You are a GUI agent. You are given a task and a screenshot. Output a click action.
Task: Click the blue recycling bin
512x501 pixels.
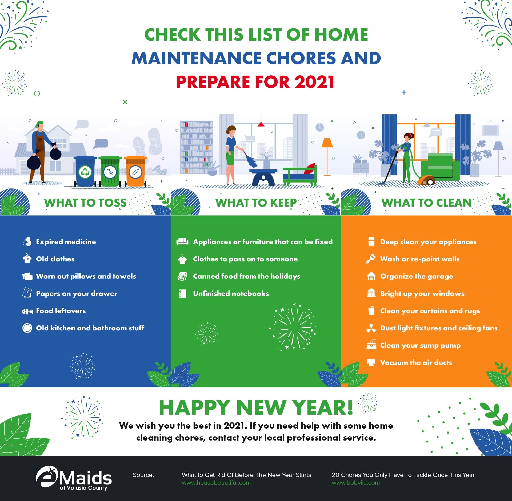[x=85, y=171]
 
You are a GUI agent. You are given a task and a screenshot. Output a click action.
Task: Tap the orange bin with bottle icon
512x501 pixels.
[x=135, y=171]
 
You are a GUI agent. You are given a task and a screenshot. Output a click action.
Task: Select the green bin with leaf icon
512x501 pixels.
[x=110, y=171]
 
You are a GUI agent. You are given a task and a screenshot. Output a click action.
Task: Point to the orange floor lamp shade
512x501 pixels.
[x=327, y=143]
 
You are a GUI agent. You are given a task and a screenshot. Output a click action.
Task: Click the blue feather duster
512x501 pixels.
[x=251, y=160]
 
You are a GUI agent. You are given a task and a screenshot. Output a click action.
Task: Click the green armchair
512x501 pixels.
[x=440, y=167]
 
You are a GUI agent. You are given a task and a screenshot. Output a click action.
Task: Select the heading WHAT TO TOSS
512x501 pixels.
[x=85, y=203]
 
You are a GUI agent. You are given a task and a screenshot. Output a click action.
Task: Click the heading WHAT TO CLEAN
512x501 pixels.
[x=426, y=203]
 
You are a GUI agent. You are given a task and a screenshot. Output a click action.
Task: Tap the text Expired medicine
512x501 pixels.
[x=66, y=242]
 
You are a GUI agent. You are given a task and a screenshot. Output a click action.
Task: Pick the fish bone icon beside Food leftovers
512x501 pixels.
[x=27, y=311]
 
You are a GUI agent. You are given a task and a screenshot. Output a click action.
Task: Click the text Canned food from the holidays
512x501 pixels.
[x=246, y=276]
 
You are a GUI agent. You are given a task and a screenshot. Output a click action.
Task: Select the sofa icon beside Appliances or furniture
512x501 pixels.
[x=182, y=241]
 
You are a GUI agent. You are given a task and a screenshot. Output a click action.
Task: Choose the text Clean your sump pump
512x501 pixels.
[x=420, y=346]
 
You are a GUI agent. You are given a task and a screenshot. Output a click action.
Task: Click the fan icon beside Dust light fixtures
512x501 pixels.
[x=371, y=328]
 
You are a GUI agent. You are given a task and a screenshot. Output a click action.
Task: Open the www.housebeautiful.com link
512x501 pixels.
[x=216, y=483]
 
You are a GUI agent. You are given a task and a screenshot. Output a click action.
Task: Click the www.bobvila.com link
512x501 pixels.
[x=356, y=483]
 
